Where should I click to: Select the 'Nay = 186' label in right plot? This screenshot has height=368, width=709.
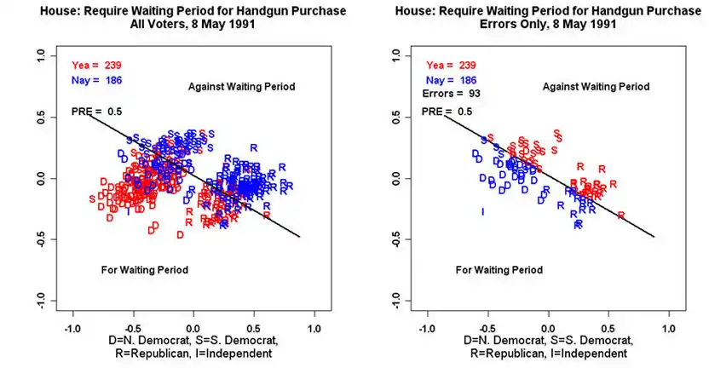click(x=452, y=79)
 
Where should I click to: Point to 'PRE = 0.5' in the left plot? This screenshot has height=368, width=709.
click(x=96, y=112)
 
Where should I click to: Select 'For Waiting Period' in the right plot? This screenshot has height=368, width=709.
click(x=499, y=270)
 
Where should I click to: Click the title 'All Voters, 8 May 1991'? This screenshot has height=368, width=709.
click(x=193, y=23)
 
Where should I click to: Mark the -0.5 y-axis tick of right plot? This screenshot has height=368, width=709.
click(x=395, y=239)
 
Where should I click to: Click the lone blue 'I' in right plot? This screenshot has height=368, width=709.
click(x=483, y=211)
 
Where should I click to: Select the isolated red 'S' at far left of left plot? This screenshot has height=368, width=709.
click(x=92, y=199)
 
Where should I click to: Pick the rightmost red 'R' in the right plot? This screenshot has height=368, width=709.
click(x=621, y=216)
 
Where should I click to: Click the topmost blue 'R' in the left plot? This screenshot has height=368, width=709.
click(x=253, y=147)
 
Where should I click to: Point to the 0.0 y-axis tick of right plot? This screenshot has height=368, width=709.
click(x=395, y=179)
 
